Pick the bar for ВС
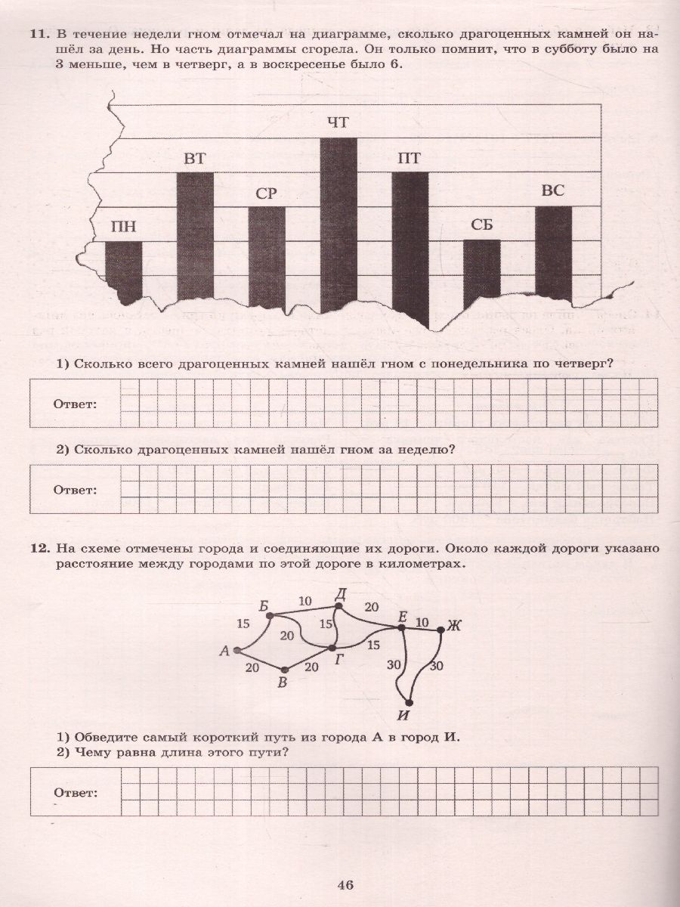pos(553,249)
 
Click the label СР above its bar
pos(266,193)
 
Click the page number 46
pos(346,886)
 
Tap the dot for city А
pos(237,650)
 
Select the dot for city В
pos(284,670)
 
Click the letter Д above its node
pos(340,594)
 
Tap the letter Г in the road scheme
pos(339,660)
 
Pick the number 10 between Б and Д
pos(304,602)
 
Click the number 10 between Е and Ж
pos(422,623)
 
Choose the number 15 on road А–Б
pos(243,624)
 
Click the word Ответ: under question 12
pos(75,793)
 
